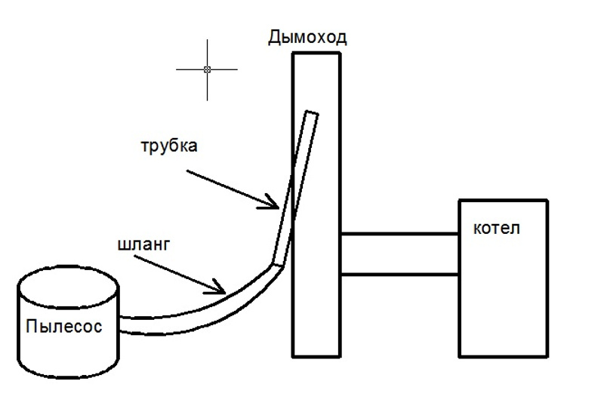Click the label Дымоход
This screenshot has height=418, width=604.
click(x=307, y=37)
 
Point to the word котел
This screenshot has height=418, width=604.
click(x=495, y=228)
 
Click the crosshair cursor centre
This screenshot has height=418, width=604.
click(x=207, y=69)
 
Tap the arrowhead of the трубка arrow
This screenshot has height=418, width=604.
click(x=279, y=205)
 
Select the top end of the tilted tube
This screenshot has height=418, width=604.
click(x=312, y=114)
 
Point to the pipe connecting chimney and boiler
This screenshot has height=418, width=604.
click(x=399, y=254)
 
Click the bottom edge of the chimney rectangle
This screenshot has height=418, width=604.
click(x=316, y=355)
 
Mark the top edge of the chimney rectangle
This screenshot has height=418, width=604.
click(x=316, y=54)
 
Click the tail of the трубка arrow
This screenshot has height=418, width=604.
click(x=185, y=171)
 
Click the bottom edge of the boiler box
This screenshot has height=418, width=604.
click(x=503, y=355)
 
